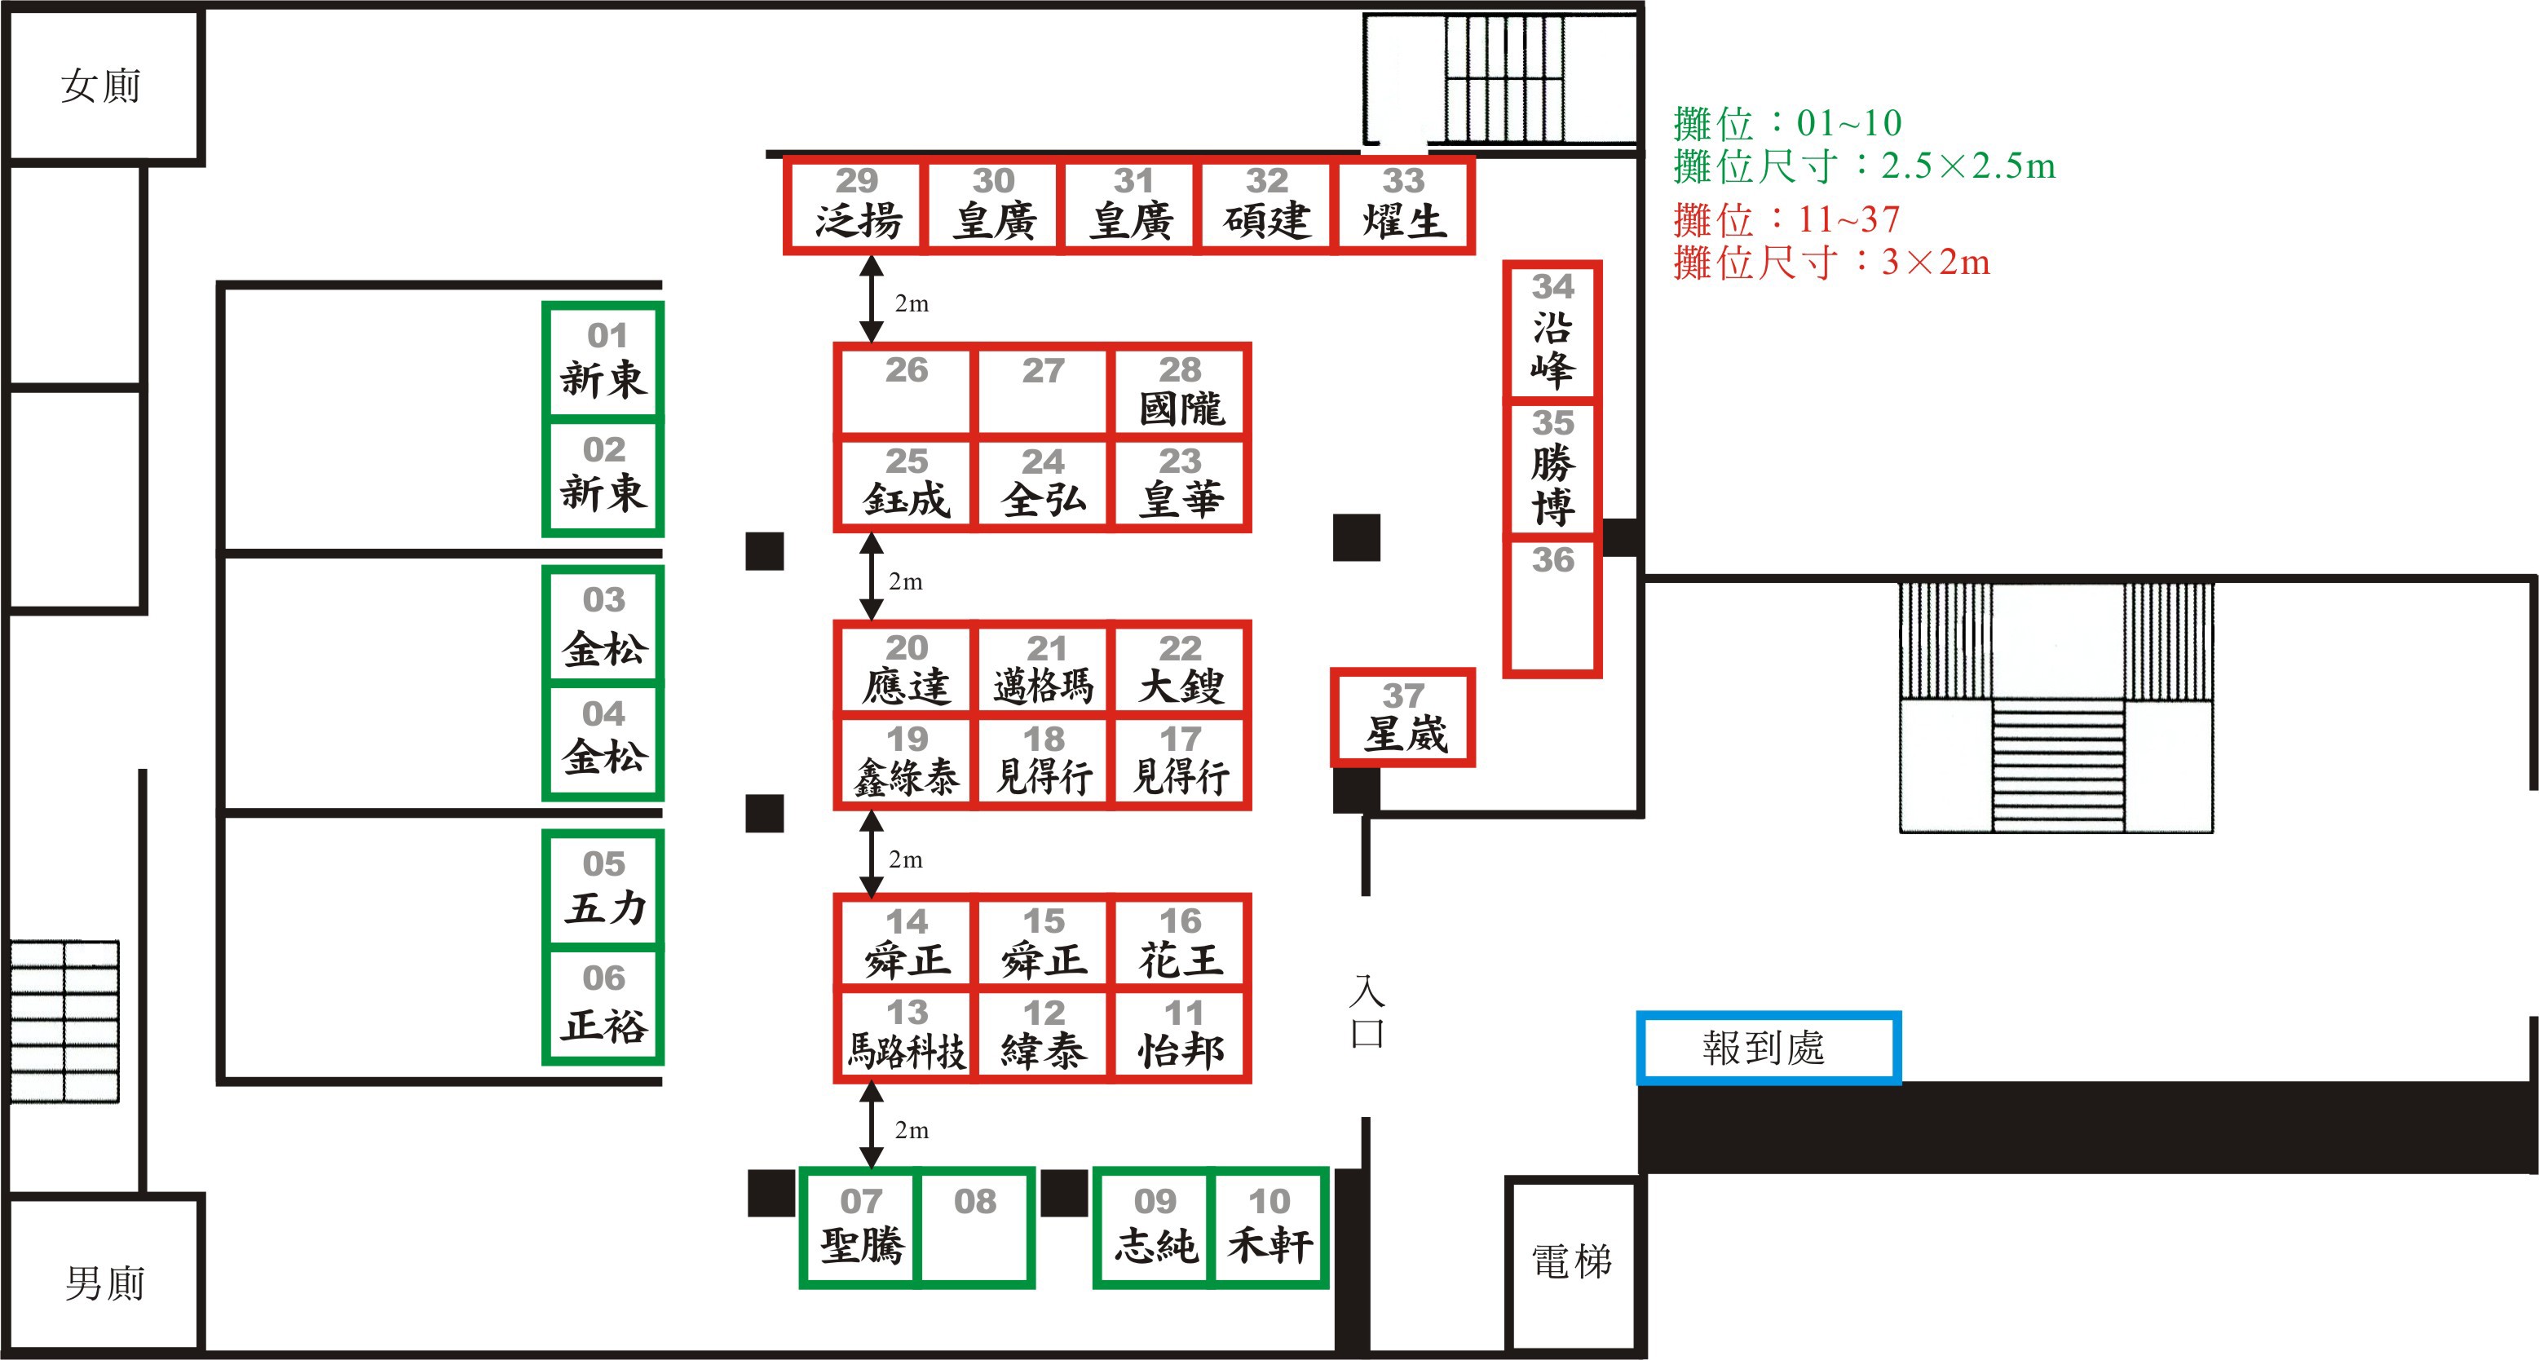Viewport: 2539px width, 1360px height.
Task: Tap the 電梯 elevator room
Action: coord(1572,1262)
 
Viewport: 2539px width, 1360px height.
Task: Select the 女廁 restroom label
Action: coord(102,86)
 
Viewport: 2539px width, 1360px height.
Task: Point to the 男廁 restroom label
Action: coord(104,1283)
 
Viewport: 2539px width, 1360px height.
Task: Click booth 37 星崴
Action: coord(1403,718)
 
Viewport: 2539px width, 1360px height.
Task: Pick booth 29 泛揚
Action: coord(856,205)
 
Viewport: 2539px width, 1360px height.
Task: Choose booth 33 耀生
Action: coord(1403,205)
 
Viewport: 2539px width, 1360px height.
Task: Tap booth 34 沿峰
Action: coord(1552,331)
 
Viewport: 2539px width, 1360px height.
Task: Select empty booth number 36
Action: coord(1552,606)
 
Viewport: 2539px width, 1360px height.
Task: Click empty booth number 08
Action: coord(975,1228)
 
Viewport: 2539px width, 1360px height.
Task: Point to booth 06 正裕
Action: coord(604,1005)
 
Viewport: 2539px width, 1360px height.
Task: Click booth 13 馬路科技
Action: coord(906,1035)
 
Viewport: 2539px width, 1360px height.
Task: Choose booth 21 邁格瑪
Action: coord(1043,670)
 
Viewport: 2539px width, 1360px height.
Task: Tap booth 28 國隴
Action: coord(1181,391)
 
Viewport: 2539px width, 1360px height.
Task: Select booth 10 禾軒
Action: coord(1269,1228)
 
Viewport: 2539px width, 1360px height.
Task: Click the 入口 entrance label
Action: coord(1367,1011)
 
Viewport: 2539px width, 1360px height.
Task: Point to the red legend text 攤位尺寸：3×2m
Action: coord(1831,263)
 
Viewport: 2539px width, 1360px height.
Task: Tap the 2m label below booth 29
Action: coord(912,303)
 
